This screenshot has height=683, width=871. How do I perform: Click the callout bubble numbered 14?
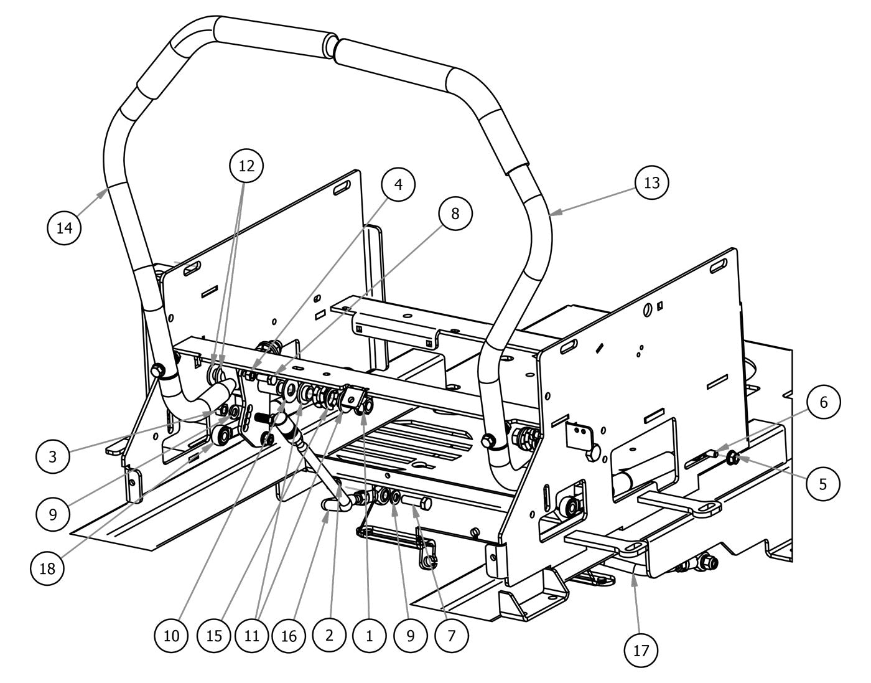click(65, 228)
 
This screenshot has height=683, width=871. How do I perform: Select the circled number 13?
click(651, 183)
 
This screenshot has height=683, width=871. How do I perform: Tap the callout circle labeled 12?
click(246, 166)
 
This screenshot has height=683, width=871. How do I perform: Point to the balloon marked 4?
click(398, 184)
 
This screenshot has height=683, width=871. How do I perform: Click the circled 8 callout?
click(455, 214)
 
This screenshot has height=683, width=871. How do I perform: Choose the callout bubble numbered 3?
click(53, 456)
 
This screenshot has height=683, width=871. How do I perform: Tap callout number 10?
click(172, 636)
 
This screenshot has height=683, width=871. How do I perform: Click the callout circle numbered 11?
click(252, 636)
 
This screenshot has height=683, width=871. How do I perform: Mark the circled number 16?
click(290, 636)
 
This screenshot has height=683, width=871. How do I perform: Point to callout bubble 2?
click(329, 636)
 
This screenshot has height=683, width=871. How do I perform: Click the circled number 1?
click(369, 636)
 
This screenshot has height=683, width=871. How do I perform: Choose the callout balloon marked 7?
click(452, 636)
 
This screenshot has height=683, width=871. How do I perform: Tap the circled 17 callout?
click(641, 651)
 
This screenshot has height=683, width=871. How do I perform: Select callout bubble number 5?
click(823, 483)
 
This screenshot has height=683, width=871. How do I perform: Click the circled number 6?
click(823, 402)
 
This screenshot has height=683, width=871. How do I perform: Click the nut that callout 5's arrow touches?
click(733, 459)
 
